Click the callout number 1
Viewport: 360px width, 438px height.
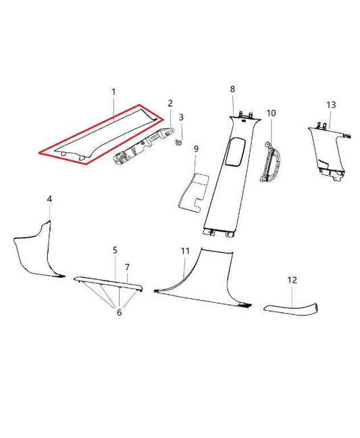click(x=113, y=91)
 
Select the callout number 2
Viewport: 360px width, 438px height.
click(x=170, y=103)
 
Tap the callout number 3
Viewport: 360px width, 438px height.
click(x=181, y=118)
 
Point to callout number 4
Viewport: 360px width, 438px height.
click(x=49, y=199)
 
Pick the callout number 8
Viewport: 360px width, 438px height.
click(x=232, y=89)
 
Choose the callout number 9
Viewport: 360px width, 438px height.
click(x=196, y=149)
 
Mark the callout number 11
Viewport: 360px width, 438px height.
click(x=184, y=251)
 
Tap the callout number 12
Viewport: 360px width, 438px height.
click(x=292, y=279)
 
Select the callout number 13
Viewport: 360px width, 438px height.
click(x=330, y=105)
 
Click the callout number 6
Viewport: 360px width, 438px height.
click(x=120, y=312)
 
